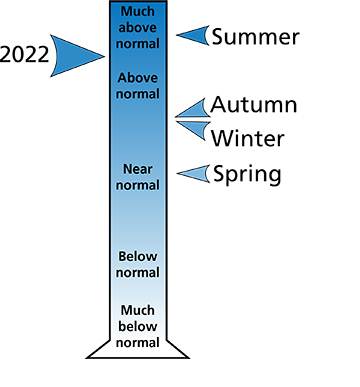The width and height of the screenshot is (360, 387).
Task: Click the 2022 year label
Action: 24,55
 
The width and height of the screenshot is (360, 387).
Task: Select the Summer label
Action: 255,37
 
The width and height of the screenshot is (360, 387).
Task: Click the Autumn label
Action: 254,105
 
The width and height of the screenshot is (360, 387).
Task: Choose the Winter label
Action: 248,138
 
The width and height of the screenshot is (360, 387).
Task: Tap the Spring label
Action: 247,174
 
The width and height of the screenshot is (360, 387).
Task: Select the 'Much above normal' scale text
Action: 138,27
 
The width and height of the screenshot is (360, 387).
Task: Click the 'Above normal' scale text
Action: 138,86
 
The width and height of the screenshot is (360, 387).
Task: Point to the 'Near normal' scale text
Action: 138,177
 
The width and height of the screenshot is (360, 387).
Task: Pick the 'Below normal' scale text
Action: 138,265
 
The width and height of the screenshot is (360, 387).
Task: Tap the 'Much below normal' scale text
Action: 138,326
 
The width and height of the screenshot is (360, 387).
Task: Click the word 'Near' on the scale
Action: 138,169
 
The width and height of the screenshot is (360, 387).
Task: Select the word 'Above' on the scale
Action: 138,78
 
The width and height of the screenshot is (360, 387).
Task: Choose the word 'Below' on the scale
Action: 138,257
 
